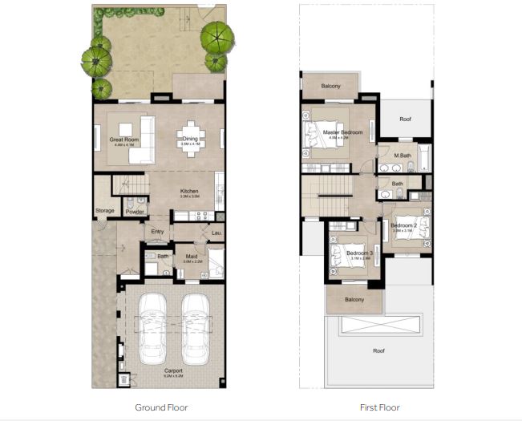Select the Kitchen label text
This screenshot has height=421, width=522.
189,191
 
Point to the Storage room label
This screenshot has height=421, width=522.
105,211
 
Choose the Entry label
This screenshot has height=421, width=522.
158,233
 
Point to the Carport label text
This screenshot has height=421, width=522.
173,370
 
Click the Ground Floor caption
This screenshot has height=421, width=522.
161,407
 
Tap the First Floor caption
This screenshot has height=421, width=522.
379,407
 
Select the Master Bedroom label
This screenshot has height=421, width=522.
342,132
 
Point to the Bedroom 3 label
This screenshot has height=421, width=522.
360,253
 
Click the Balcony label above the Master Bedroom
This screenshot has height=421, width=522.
331,86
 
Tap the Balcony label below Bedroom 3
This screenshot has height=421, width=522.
354,300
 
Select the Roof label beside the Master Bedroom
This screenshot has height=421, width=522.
406,119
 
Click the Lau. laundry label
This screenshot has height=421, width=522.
215,233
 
